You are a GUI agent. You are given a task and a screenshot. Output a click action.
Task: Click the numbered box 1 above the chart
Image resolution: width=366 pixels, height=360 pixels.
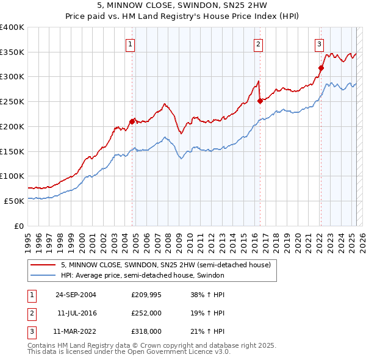[x=131, y=43]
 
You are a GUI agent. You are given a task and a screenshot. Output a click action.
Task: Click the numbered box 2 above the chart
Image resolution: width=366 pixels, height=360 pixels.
[x=259, y=43]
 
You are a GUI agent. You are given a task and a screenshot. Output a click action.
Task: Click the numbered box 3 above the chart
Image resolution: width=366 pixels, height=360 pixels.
[x=319, y=43]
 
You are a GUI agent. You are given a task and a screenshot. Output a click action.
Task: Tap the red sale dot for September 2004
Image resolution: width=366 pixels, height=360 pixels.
[x=132, y=121]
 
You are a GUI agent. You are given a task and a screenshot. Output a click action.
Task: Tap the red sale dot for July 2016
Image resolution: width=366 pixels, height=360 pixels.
[x=260, y=101]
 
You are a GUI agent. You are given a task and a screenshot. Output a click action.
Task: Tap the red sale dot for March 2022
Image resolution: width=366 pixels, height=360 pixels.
[x=321, y=68]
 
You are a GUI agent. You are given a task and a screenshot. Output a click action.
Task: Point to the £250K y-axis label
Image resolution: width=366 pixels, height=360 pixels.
[x=12, y=102]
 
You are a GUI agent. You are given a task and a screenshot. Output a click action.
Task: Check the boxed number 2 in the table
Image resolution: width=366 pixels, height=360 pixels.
[x=30, y=313]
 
